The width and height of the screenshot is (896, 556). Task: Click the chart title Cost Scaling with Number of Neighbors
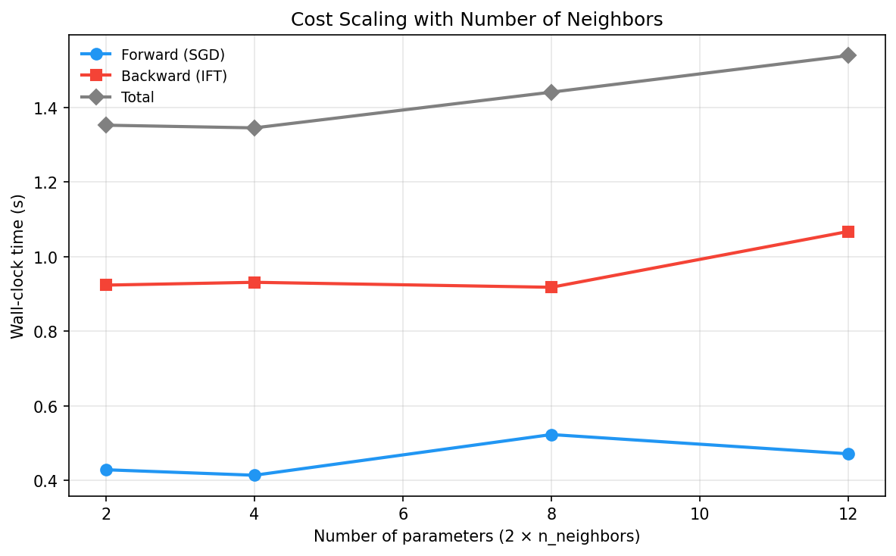[476, 20]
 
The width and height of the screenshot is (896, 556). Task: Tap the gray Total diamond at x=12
[848, 55]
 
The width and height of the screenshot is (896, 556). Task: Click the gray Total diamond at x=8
[551, 92]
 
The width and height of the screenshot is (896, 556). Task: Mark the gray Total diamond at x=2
[106, 125]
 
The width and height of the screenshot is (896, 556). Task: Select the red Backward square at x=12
[848, 232]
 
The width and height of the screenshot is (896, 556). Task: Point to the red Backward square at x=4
[254, 283]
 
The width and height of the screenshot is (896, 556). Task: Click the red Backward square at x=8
[551, 287]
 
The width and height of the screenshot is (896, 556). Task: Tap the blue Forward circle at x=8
[551, 435]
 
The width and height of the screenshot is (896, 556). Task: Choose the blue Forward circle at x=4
[254, 475]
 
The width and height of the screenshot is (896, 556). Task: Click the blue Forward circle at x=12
[848, 454]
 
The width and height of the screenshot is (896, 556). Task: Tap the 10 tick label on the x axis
[699, 514]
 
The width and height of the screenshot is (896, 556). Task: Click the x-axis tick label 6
[403, 514]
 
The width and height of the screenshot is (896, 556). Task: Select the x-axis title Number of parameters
[476, 536]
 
